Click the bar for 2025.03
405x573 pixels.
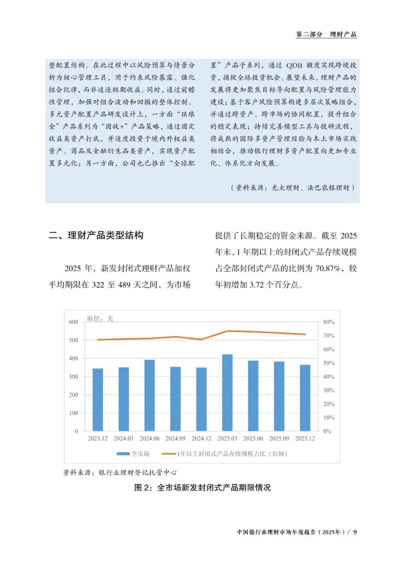click(227, 393)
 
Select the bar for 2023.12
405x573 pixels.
click(97, 400)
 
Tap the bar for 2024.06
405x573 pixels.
click(150, 395)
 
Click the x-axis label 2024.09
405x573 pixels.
click(175, 438)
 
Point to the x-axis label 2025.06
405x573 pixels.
click(253, 438)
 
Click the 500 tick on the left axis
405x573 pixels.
click(73, 340)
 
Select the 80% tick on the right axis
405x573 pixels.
click(329, 322)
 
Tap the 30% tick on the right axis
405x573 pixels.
click(329, 390)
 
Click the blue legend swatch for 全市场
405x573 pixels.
click(123, 454)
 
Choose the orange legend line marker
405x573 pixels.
click(169, 454)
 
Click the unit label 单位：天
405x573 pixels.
click(100, 319)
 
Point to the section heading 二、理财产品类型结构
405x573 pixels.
click(96, 235)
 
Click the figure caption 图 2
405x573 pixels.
click(202, 487)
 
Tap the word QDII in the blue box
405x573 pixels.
click(294, 65)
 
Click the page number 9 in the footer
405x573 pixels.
click(355, 532)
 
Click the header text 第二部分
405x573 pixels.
click(309, 35)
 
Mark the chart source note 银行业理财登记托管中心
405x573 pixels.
click(138, 473)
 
